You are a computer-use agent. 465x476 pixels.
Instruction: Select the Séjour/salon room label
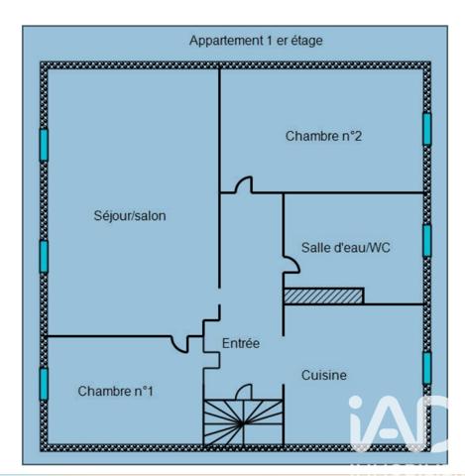tap(130, 216)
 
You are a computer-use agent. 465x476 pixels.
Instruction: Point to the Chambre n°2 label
tap(323, 136)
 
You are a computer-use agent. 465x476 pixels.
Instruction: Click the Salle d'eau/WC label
tap(346, 248)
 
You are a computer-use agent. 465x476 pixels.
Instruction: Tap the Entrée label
tap(241, 343)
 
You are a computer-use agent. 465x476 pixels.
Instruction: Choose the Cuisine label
tap(324, 375)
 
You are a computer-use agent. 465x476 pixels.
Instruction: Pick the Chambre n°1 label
tap(115, 391)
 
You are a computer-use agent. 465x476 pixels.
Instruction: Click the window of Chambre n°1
tap(44, 384)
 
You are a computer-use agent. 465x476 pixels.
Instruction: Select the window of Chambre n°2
tap(426, 129)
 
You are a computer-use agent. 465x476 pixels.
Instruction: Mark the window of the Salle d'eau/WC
tap(426, 240)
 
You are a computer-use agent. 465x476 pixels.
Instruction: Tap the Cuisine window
tap(427, 368)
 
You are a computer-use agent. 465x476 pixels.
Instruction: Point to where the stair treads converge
tap(242, 422)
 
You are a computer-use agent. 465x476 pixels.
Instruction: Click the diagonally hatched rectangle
tap(324, 296)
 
